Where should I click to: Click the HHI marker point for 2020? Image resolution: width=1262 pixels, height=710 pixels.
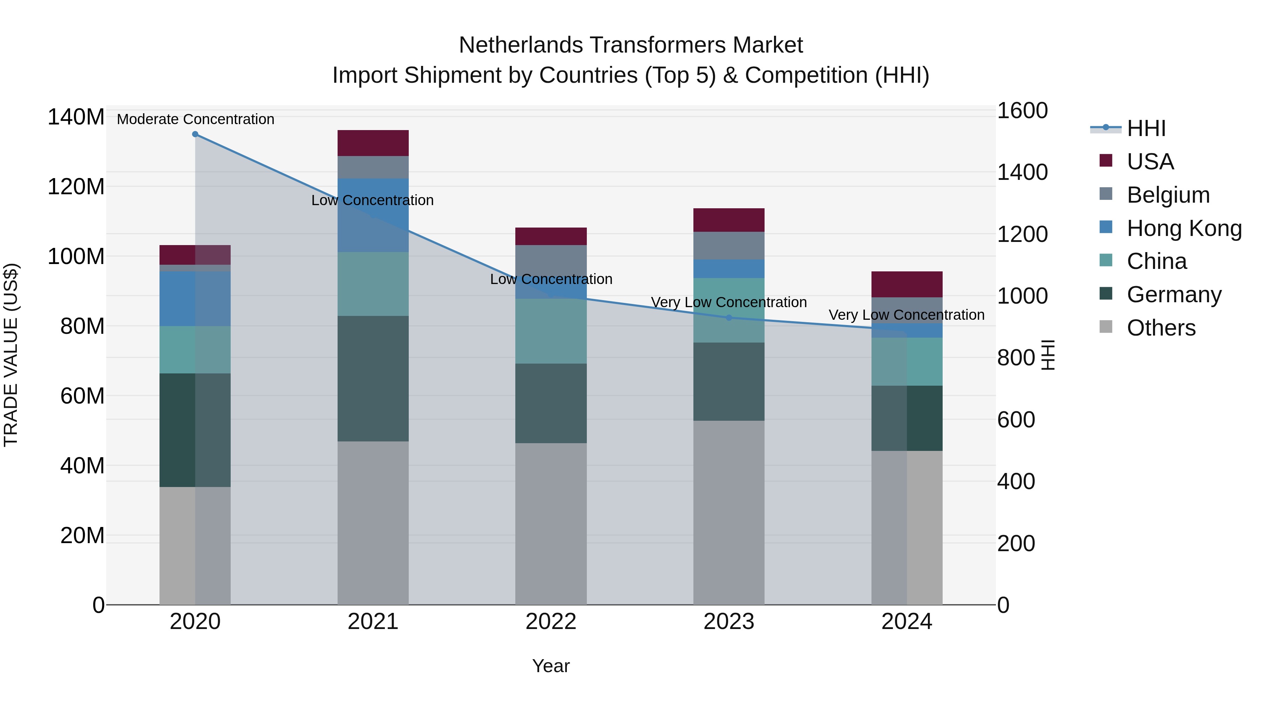pyautogui.click(x=195, y=134)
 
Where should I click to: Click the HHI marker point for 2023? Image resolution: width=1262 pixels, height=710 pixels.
pyautogui.click(x=728, y=318)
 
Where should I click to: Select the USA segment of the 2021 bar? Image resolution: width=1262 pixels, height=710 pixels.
pyautogui.click(x=373, y=143)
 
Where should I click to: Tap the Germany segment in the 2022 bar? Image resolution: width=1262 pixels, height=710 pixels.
pyautogui.click(x=551, y=403)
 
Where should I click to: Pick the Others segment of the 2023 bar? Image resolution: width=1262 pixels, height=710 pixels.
pyautogui.click(x=728, y=512)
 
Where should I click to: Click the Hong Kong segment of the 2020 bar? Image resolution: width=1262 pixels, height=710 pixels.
pyautogui.click(x=195, y=299)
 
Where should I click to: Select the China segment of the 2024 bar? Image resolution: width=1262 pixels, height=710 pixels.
pyautogui.click(x=907, y=361)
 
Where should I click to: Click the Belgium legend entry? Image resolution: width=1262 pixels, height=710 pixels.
pyautogui.click(x=1168, y=195)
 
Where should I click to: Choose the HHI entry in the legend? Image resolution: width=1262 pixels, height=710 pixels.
pyautogui.click(x=1146, y=128)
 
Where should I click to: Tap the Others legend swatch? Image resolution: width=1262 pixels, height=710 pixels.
pyautogui.click(x=1106, y=327)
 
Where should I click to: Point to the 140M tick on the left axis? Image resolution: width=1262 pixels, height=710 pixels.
pyautogui.click(x=76, y=117)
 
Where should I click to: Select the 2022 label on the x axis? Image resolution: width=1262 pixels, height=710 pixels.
pyautogui.click(x=551, y=622)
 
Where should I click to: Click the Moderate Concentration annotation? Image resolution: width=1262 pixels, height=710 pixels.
pyautogui.click(x=196, y=119)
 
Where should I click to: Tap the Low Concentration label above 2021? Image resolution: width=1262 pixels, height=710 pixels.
pyautogui.click(x=372, y=201)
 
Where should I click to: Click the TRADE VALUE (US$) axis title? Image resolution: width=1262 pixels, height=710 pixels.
pyautogui.click(x=11, y=355)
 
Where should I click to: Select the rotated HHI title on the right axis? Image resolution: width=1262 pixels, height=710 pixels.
pyautogui.click(x=1047, y=355)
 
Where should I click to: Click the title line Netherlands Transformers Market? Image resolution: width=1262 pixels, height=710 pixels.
pyautogui.click(x=631, y=45)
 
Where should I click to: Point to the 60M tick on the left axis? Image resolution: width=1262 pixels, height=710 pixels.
pyautogui.click(x=82, y=396)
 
